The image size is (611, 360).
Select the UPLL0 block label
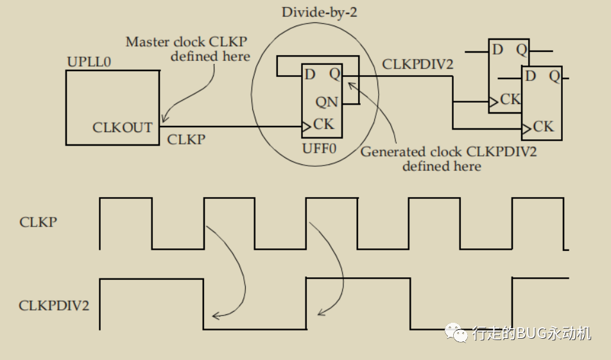(88, 62)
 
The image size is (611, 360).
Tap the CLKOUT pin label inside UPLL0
(122, 127)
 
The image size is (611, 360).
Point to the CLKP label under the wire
(186, 139)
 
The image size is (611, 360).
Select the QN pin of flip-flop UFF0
(327, 102)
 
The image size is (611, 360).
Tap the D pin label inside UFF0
(311, 74)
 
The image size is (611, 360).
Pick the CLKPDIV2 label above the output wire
(418, 65)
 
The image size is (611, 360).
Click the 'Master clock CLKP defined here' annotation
(187, 49)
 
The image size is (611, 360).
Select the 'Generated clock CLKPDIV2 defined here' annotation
(448, 159)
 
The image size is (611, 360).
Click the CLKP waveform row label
(39, 223)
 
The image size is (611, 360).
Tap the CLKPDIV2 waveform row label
(54, 305)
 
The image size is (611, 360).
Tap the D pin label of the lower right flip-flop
(531, 76)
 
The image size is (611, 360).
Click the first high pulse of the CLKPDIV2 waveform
(151, 280)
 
